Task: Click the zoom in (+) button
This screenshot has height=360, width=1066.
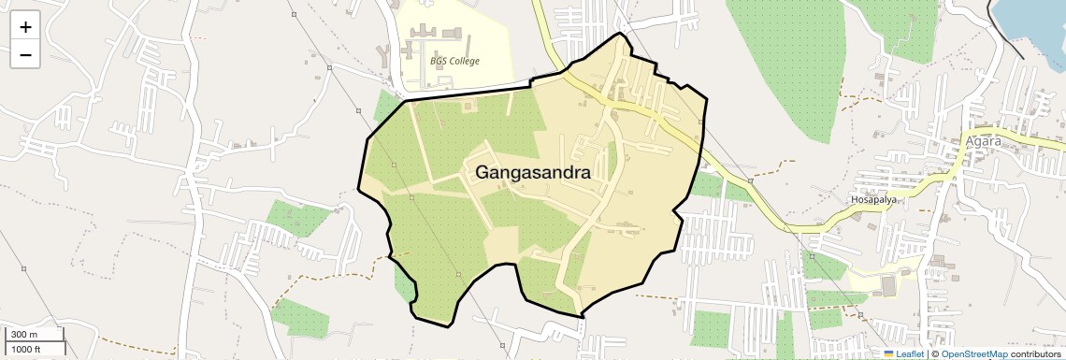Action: click(x=25, y=27)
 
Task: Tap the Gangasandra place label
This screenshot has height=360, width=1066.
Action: click(x=533, y=173)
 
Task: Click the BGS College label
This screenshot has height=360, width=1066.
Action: click(x=454, y=62)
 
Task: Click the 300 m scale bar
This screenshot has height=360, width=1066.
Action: click(x=35, y=335)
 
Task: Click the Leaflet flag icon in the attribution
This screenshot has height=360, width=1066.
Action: click(x=889, y=353)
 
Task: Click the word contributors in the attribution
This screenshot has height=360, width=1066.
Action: click(x=1035, y=353)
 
